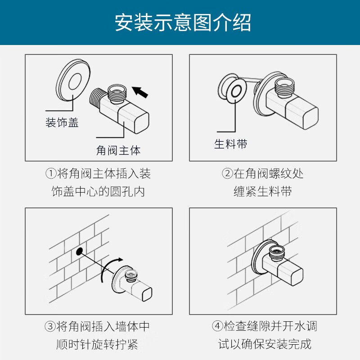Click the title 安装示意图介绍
coord(183,22)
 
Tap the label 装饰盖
coord(62,122)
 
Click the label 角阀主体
coord(118,151)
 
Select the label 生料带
coord(231,144)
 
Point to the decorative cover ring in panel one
coord(73,80)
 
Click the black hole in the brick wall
coord(80,251)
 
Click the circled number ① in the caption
coord(51,174)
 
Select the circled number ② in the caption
coord(227,174)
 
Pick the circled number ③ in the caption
coord(50,326)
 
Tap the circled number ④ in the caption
coord(217,326)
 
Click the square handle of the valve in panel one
coord(133,120)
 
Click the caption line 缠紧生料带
coord(263,192)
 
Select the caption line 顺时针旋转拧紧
coord(97,344)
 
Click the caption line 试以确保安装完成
coord(265,344)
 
